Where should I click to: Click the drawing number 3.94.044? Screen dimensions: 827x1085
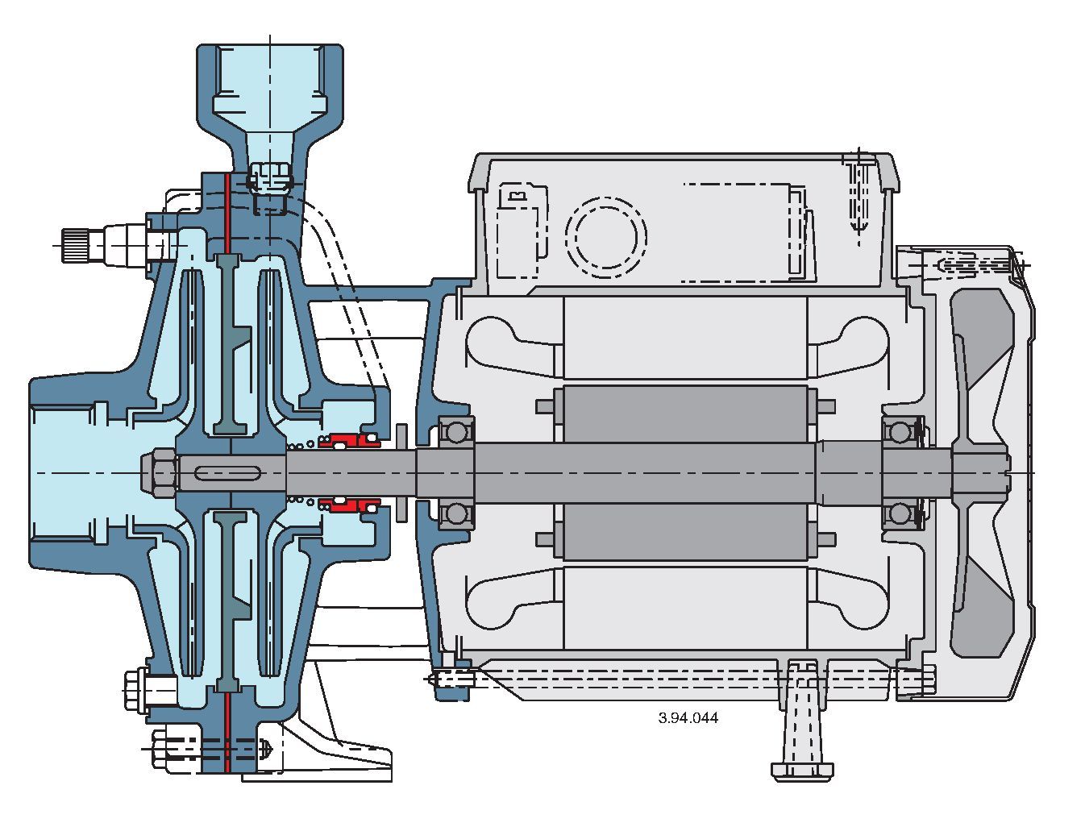coord(688,717)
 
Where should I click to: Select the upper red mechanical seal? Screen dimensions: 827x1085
coord(349,440)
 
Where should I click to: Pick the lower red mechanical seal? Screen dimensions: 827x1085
coord(349,505)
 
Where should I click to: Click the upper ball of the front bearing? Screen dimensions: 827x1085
coord(456,433)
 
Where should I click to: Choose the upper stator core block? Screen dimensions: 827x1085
coord(684,337)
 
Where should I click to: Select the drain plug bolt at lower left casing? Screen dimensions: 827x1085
coord(145,690)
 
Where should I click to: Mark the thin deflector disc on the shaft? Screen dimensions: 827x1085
coord(402,472)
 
